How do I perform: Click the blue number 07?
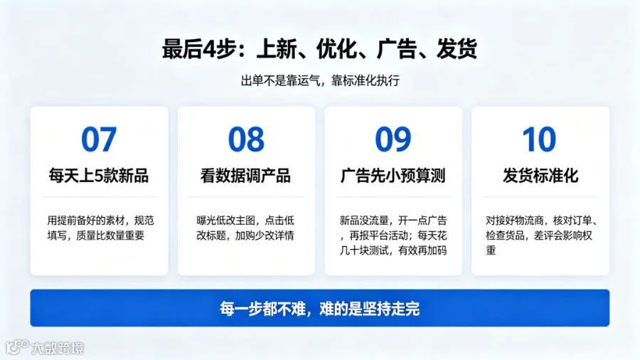[99, 139]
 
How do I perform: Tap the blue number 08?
[246, 139]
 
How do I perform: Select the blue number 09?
[393, 139]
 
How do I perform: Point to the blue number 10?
[539, 139]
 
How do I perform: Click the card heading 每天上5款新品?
[99, 176]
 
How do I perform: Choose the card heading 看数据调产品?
[246, 176]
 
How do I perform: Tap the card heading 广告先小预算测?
[393, 176]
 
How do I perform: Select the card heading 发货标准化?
[540, 176]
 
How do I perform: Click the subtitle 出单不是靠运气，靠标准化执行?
[320, 81]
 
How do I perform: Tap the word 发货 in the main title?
[457, 49]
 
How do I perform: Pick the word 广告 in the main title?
[397, 49]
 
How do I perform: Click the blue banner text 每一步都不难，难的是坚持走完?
[319, 309]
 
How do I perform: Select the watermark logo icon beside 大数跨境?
[17, 347]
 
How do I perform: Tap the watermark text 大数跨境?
[58, 348]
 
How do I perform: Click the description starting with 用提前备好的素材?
[100, 228]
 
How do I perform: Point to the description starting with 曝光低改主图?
[245, 228]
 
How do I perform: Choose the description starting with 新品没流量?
[393, 235]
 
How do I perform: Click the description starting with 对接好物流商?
[541, 235]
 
